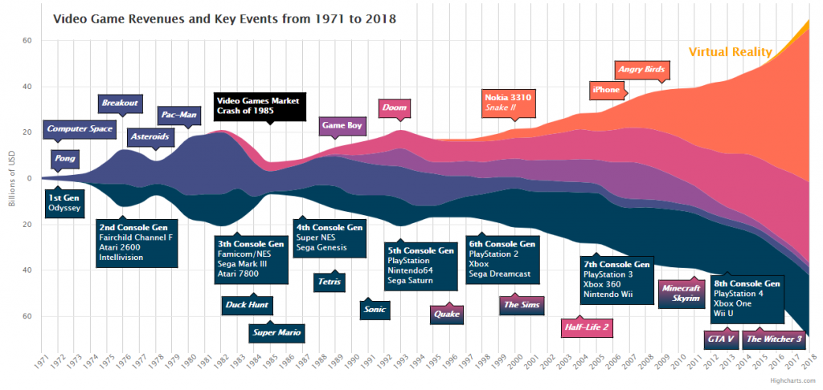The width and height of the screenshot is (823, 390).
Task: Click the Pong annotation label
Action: pos(66,159)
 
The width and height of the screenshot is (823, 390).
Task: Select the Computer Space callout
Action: pos(80,128)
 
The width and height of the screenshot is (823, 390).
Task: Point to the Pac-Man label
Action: pos(178,116)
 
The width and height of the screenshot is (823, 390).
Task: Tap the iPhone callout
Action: pos(607,90)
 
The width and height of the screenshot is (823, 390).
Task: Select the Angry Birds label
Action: pos(641,70)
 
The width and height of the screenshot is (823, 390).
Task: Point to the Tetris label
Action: pos(330,282)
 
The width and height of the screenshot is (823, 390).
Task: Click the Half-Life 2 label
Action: pos(587,327)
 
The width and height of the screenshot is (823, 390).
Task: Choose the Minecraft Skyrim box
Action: pos(682,293)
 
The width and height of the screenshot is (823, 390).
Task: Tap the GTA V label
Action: pos(721,339)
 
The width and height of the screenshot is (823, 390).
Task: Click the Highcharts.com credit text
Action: pos(791,381)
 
